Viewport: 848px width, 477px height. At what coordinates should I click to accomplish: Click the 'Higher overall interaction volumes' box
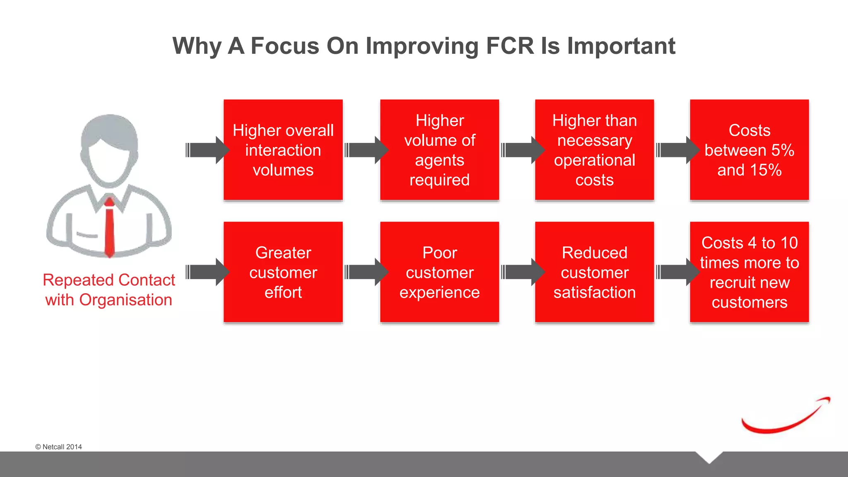(x=283, y=150)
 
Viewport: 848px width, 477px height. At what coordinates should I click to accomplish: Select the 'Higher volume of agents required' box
(x=439, y=150)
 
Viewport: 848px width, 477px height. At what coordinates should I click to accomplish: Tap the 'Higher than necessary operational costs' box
(x=594, y=150)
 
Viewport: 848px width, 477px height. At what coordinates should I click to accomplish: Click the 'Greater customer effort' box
(x=283, y=272)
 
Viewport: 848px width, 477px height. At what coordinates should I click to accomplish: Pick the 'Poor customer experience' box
(x=439, y=272)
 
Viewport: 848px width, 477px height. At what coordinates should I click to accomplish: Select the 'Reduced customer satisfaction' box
(x=594, y=272)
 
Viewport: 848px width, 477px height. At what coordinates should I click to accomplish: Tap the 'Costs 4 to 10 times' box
(x=749, y=272)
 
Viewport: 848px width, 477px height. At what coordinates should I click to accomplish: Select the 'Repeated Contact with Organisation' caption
(x=109, y=290)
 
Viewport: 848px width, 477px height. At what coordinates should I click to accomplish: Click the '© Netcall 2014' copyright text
(x=58, y=447)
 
